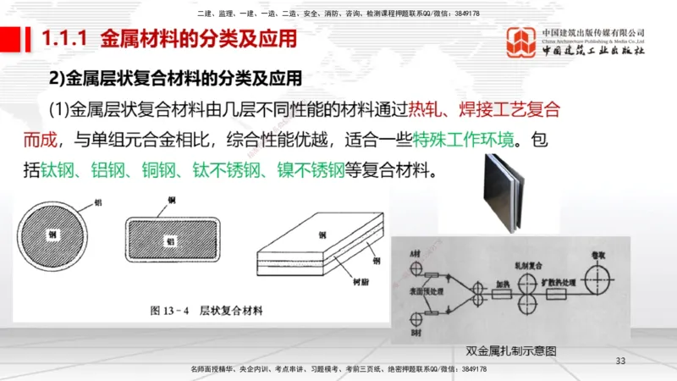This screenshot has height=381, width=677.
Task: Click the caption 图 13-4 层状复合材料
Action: pyautogui.click(x=206, y=311)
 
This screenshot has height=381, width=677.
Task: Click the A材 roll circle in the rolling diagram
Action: pyautogui.click(x=416, y=268)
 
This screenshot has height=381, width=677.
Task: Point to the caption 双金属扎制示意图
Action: pyautogui.click(x=516, y=351)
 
